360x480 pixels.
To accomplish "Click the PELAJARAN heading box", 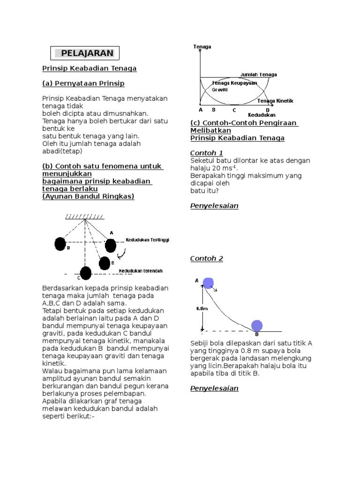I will (84, 53).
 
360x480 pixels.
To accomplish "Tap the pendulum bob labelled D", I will (60, 244).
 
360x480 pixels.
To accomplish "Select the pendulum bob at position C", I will (85, 272).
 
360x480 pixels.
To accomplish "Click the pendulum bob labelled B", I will (105, 263).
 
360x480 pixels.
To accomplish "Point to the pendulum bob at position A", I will (110, 245).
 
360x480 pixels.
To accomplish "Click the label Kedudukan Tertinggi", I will (147, 240).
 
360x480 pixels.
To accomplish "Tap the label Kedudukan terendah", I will (141, 271).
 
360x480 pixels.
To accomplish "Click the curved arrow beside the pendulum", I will (123, 254).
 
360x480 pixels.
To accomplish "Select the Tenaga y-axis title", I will (202, 47).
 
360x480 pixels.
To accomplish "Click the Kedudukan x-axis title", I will (262, 115).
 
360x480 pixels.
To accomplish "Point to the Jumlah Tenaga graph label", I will (258, 75).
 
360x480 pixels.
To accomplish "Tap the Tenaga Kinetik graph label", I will (275, 101).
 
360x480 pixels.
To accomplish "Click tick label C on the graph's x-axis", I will (234, 110).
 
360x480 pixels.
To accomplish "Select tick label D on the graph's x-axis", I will (268, 110).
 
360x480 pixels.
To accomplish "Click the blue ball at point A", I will (208, 283).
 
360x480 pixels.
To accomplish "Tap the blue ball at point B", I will (256, 325).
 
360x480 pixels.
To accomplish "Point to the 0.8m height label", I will (202, 308).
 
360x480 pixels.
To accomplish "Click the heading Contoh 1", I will (206, 153).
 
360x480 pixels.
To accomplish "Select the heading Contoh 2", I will (206, 258).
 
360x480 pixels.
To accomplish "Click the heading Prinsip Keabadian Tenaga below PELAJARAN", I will (90, 68).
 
